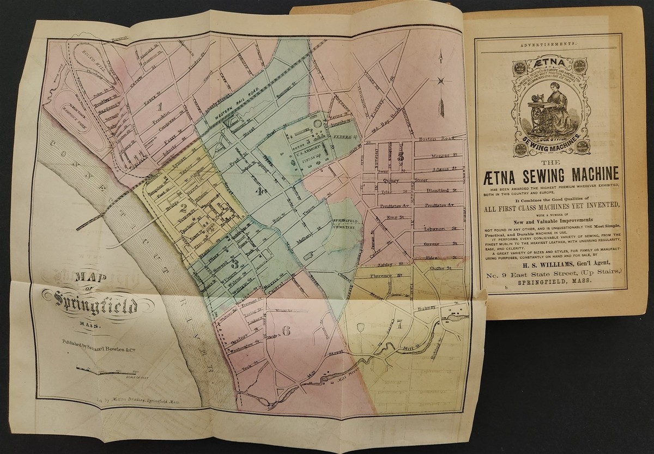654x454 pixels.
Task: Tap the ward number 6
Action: click(x=287, y=330)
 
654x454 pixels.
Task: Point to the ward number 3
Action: click(x=234, y=264)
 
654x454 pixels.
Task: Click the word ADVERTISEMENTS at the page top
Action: click(x=550, y=43)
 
